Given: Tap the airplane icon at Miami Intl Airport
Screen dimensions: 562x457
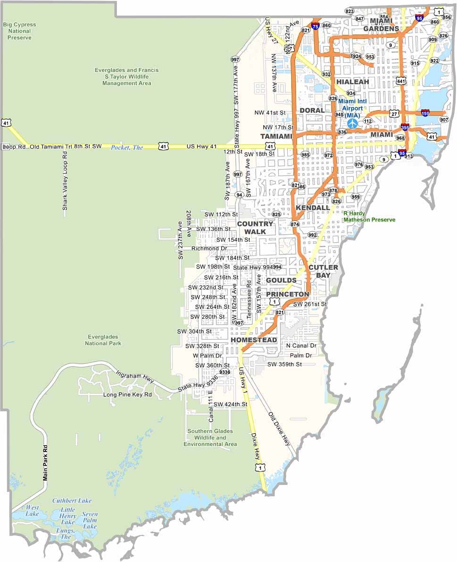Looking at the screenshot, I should (352, 123).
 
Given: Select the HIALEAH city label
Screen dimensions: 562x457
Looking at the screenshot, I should (352, 82).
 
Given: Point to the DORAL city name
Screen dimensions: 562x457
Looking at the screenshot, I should (312, 111).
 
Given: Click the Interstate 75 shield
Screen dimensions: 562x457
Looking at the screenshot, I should (315, 27).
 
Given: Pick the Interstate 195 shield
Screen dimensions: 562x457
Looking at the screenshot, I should (425, 113).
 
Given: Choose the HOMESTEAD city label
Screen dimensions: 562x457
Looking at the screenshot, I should (254, 340).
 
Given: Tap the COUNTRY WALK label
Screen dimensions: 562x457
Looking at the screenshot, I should (255, 228).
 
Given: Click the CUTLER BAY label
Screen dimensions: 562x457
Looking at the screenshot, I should (323, 271).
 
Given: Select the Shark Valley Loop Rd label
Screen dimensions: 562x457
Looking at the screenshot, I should (65, 181).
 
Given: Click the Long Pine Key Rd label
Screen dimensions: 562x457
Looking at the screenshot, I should (127, 394).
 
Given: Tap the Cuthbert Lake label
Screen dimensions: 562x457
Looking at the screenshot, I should (72, 501).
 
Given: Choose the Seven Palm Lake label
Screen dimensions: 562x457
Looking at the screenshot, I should (90, 520).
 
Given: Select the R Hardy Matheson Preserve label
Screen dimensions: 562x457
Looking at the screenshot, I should (369, 217).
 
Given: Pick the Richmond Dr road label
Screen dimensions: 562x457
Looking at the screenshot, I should (209, 248).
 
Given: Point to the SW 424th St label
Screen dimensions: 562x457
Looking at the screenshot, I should (230, 404).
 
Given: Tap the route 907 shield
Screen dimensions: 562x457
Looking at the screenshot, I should (444, 119).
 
